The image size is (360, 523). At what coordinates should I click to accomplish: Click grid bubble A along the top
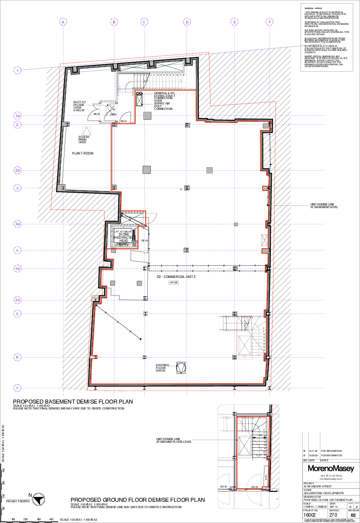63,22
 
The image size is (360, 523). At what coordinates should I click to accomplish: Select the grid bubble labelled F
269,22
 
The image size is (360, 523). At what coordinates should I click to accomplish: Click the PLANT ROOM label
82,154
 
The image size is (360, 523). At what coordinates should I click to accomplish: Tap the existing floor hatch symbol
181,368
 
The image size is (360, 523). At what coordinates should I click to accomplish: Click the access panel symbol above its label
87,131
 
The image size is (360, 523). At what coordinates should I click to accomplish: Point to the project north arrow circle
41,499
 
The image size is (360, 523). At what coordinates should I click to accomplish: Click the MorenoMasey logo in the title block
331,468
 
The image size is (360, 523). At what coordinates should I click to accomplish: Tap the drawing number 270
333,514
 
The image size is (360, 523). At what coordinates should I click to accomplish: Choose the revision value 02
353,514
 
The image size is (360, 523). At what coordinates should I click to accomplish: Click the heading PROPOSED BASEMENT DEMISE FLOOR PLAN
73,402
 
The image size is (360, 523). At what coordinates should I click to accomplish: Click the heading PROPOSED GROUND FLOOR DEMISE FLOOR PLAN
137,500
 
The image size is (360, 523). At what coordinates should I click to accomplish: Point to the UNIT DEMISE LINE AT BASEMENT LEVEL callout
321,205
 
